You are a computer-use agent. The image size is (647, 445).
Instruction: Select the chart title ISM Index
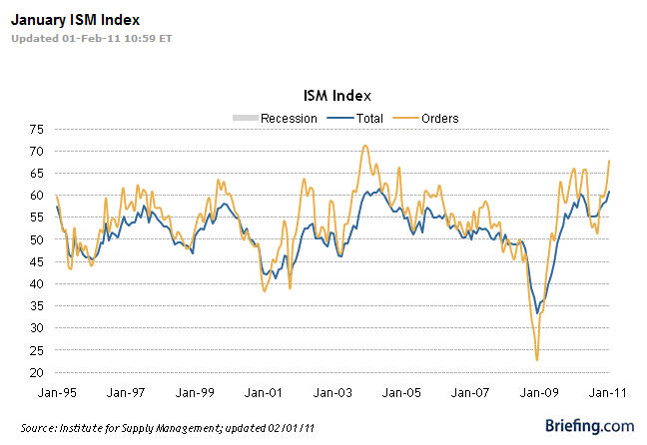coord(336,96)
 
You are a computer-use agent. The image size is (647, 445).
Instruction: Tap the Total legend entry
coord(362,118)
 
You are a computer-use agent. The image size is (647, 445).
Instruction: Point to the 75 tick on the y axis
coord(36,129)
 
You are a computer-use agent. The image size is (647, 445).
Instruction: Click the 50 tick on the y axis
coord(36,239)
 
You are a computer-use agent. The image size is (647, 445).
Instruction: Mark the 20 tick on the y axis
coord(36,372)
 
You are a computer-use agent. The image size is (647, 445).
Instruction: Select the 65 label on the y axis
coord(36,174)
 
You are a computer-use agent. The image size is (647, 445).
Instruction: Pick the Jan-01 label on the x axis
coord(261,393)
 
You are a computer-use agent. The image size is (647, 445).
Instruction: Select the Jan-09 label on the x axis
coord(540,393)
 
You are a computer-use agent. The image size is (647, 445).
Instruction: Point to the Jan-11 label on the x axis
coord(606,393)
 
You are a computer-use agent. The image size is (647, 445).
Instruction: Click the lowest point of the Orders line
coord(537,360)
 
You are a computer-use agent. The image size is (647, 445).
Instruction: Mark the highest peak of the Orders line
coord(365,146)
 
